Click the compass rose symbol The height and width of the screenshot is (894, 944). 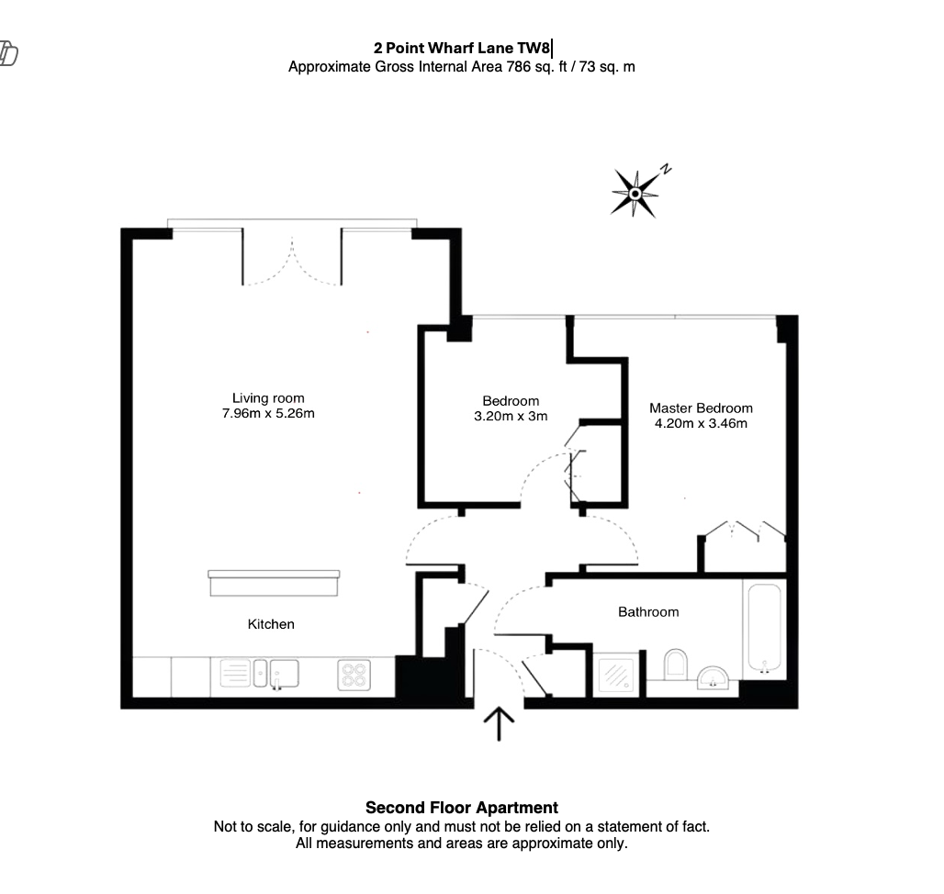click(635, 193)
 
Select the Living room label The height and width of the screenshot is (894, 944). click(267, 398)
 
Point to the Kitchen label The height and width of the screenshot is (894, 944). click(271, 624)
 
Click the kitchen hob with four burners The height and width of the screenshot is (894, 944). click(354, 676)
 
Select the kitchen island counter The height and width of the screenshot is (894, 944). click(274, 584)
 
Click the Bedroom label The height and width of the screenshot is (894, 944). click(511, 401)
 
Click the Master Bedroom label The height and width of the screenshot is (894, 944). click(701, 408)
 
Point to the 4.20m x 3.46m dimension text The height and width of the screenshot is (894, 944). click(700, 423)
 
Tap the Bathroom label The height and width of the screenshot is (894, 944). click(648, 611)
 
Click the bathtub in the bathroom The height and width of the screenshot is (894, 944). click(764, 629)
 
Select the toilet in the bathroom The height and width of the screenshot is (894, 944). click(675, 666)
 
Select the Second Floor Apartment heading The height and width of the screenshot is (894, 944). click(461, 808)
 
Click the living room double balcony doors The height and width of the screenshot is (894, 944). click(292, 259)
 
